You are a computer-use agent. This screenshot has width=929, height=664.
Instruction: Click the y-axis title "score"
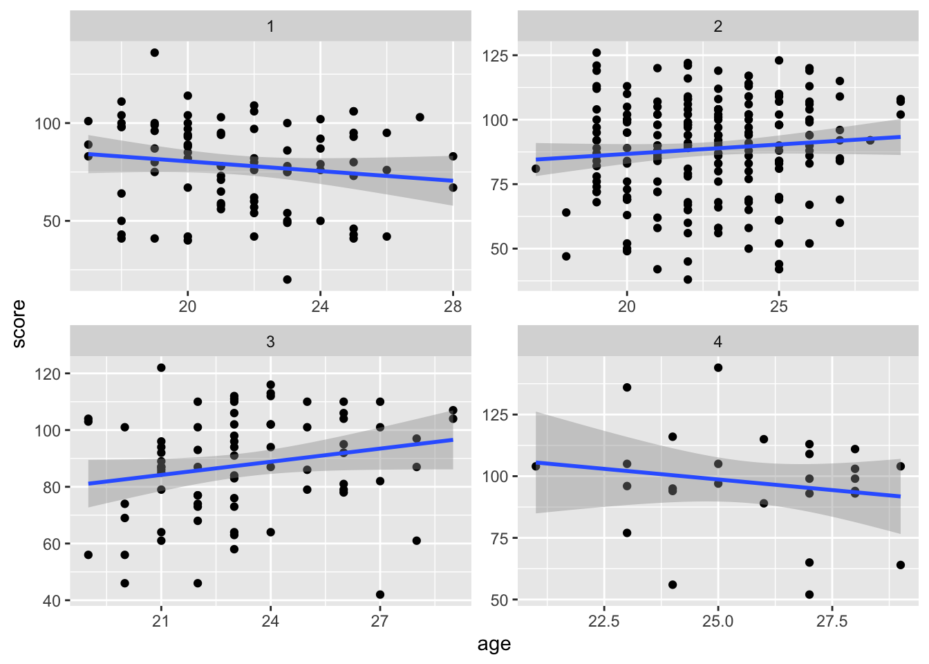click(19, 324)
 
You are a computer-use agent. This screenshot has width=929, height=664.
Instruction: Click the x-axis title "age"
click(494, 645)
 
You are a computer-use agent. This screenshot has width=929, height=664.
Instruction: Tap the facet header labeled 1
click(270, 26)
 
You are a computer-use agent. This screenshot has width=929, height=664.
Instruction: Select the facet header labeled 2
click(718, 26)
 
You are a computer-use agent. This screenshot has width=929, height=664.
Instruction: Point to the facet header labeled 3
click(270, 342)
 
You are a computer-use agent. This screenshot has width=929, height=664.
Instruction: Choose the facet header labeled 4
click(718, 342)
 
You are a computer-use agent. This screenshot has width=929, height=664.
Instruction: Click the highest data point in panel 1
click(155, 53)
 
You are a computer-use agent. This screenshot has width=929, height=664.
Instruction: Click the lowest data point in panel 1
click(287, 279)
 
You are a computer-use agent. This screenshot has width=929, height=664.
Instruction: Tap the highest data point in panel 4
click(718, 368)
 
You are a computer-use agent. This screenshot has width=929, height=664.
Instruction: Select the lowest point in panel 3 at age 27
click(380, 595)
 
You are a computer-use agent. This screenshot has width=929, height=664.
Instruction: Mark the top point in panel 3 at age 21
click(161, 368)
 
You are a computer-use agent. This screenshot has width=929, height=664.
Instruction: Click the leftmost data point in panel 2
click(536, 169)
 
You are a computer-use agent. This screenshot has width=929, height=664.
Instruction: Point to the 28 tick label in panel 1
click(453, 306)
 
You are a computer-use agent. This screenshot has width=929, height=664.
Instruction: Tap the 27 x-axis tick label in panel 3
click(379, 621)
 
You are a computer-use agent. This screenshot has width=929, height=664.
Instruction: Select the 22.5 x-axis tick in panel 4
click(604, 621)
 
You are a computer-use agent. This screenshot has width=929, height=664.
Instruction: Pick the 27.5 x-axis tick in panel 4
click(832, 621)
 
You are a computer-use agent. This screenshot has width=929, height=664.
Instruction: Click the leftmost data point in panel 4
click(536, 466)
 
